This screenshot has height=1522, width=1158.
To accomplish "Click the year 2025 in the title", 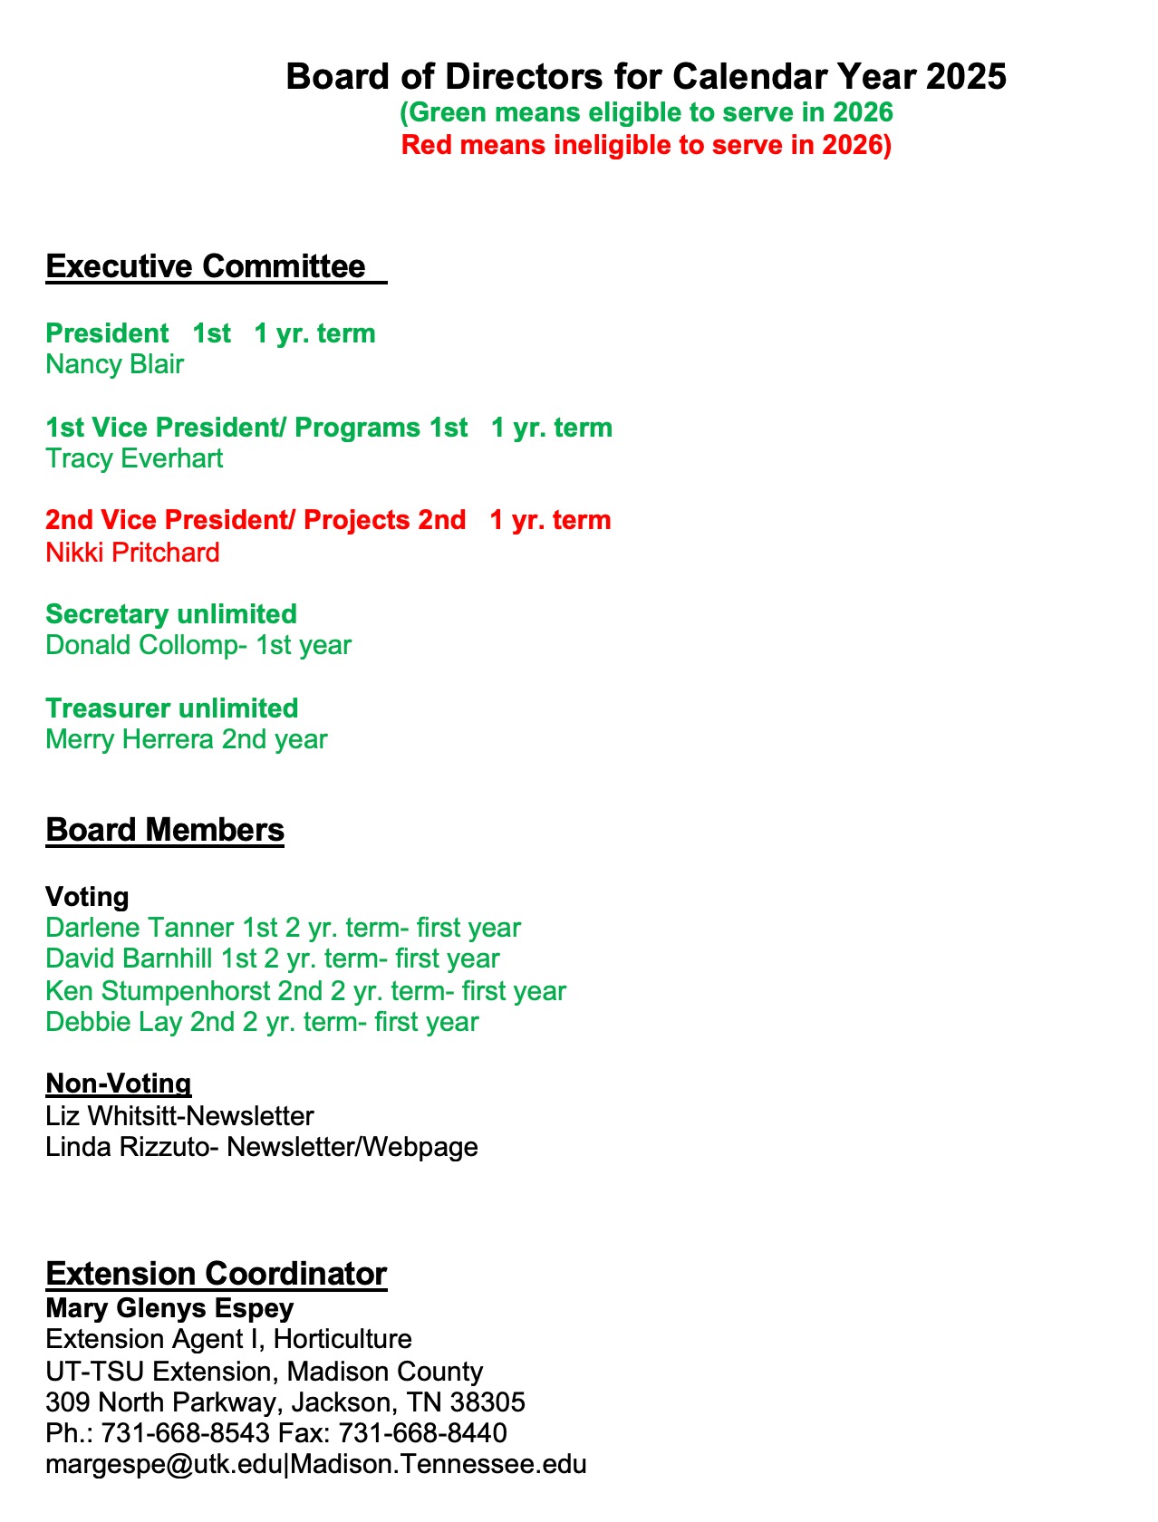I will coord(966,77).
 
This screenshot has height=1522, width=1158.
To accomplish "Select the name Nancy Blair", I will coord(115,364).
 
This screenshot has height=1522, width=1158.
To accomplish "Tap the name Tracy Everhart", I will coord(134,458).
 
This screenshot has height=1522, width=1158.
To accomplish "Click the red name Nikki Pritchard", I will coord(132,553).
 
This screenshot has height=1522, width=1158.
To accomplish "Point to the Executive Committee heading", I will coord(206,266).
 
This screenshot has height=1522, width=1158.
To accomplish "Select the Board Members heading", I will coord(165,830).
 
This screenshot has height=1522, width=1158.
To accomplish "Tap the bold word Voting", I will coord(87,897).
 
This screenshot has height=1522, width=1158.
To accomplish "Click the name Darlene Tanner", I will coord(140,928).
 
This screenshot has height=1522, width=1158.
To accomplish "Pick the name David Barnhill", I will coord(130,958).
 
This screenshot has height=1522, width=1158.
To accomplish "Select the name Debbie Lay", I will coord(113,1022).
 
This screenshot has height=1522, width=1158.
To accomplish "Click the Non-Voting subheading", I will coord(119,1084).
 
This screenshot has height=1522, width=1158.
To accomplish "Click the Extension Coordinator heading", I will coord(217,1274).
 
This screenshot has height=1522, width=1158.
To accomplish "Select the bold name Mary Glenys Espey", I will coord(169,1308).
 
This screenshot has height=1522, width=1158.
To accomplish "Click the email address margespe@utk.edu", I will coord(163,1464).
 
